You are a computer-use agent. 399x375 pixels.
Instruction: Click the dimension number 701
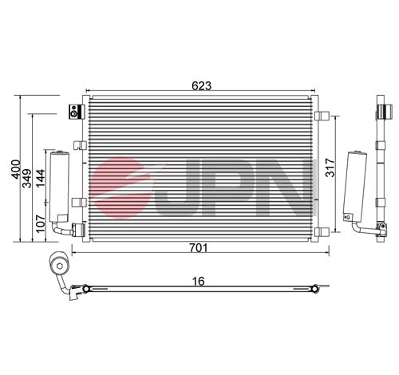(199, 247)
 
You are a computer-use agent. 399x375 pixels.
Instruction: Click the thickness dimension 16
(200, 280)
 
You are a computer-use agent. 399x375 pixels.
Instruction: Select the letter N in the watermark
(287, 189)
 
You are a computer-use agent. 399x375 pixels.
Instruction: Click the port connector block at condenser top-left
(76, 111)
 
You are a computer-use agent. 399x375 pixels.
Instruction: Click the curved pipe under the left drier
(61, 229)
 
